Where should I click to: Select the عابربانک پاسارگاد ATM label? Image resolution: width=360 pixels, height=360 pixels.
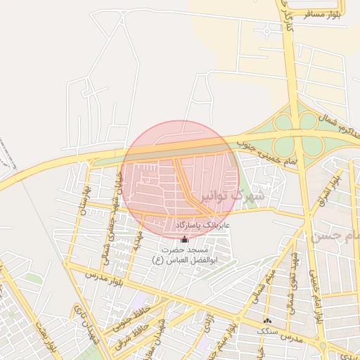tap(184, 224)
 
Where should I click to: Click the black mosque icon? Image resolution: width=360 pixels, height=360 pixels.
tap(185, 239)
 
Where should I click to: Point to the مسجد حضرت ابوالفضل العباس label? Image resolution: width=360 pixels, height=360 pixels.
tap(184, 255)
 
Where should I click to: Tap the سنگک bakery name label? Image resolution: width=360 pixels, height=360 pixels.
tap(266, 330)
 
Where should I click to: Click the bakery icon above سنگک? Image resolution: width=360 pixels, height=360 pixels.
tap(266, 321)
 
